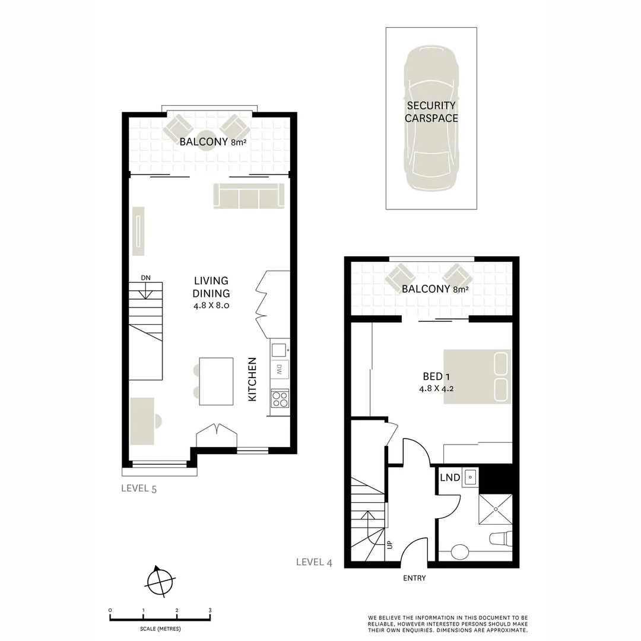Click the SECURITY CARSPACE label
pos(431,112)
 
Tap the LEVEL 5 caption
pos(138,488)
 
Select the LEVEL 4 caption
pos(314,562)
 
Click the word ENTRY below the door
pos(414,578)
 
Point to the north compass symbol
pos(161,580)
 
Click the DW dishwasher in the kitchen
pos(279,369)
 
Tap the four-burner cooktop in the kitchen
pos(280,398)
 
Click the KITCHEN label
pos(252,379)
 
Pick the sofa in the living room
pos(249,196)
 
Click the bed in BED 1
pos(477,376)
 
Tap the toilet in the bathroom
pos(500,539)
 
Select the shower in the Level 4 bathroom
pos(495,508)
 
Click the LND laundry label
pos(450,477)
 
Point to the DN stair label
pos(145,277)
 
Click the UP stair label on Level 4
pos(390,544)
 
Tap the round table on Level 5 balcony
pos(206,141)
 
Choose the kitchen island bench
pos(216,381)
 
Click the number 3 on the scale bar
pos(210,610)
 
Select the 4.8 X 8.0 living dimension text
pos(211,306)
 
